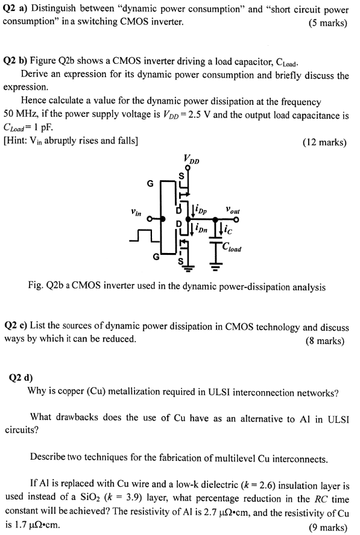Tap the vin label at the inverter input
pyautogui.click(x=136, y=212)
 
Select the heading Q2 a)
pyautogui.click(x=14, y=9)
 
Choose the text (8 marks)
pyautogui.click(x=325, y=340)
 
